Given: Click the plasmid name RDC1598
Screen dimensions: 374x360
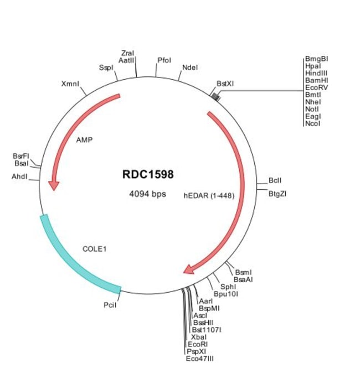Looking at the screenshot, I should pyautogui.click(x=148, y=174).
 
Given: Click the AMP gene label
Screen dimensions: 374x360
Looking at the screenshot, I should pyautogui.click(x=84, y=139).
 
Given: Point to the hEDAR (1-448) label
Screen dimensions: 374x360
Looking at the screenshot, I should pyautogui.click(x=205, y=195).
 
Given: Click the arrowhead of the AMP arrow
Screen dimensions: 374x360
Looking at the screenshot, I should pyautogui.click(x=53, y=185).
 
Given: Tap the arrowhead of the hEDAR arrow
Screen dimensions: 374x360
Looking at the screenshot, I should pyautogui.click(x=188, y=269).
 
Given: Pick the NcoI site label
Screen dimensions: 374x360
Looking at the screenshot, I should pyautogui.click(x=312, y=123).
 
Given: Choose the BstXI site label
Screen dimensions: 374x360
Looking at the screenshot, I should pyautogui.click(x=225, y=84).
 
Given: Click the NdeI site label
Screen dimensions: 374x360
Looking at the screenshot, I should pyautogui.click(x=190, y=67).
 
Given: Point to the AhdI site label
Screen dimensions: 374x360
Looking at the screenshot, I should pyautogui.click(x=19, y=176).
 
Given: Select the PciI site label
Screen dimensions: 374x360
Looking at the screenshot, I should pyautogui.click(x=110, y=304).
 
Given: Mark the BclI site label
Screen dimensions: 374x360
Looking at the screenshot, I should pyautogui.click(x=275, y=180).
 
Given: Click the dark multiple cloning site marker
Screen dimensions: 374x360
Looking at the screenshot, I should pyautogui.click(x=215, y=97).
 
